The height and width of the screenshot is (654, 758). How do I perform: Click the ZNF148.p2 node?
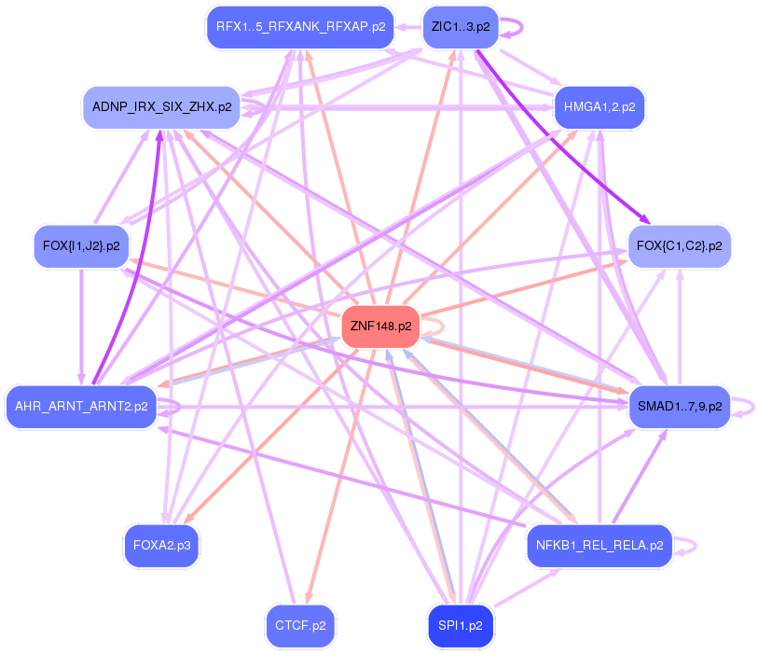[x=381, y=327]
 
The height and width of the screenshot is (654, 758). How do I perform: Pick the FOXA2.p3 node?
[x=162, y=546]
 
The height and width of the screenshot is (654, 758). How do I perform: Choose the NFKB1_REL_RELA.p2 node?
[x=600, y=546]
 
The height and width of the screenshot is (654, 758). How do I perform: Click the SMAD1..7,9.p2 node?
[x=678, y=406]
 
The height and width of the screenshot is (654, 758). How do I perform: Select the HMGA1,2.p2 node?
[x=600, y=107]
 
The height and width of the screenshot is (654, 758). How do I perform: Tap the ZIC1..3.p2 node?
[x=460, y=27]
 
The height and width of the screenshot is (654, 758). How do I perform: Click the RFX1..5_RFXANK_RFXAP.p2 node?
[x=300, y=27]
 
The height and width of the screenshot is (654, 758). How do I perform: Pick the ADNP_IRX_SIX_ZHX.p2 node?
[x=162, y=107]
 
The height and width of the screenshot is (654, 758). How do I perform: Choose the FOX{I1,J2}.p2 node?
[x=81, y=246]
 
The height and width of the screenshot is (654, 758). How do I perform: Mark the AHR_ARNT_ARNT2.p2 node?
[x=81, y=406]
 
